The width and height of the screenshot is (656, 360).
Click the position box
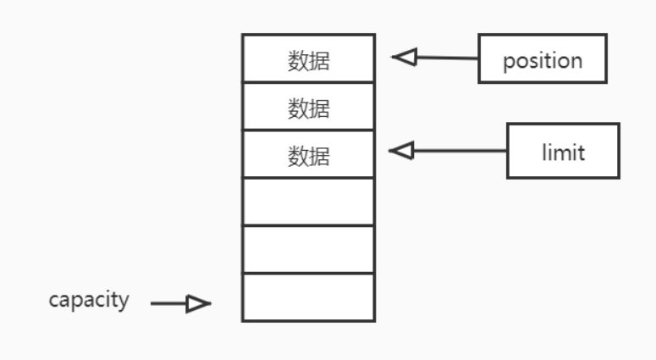[x=543, y=59]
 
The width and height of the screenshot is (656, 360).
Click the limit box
[x=563, y=151]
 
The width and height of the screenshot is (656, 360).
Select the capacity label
[x=89, y=300]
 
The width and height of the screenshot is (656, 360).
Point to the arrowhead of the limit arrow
[x=401, y=151]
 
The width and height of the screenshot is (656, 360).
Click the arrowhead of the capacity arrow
[x=198, y=303]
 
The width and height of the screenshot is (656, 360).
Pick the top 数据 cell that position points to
[x=308, y=58]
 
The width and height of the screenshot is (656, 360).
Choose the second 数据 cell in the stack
[x=308, y=107]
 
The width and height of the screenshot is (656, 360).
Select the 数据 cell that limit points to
[x=308, y=154]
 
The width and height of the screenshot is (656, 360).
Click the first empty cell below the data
[x=308, y=202]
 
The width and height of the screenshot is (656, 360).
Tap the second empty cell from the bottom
[x=308, y=249]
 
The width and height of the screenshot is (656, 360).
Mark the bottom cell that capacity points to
[x=308, y=296]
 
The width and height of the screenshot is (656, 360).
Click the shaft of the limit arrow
[x=457, y=151]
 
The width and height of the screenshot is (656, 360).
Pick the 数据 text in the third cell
[x=308, y=156]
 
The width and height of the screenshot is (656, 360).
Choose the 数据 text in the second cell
[x=308, y=108]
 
